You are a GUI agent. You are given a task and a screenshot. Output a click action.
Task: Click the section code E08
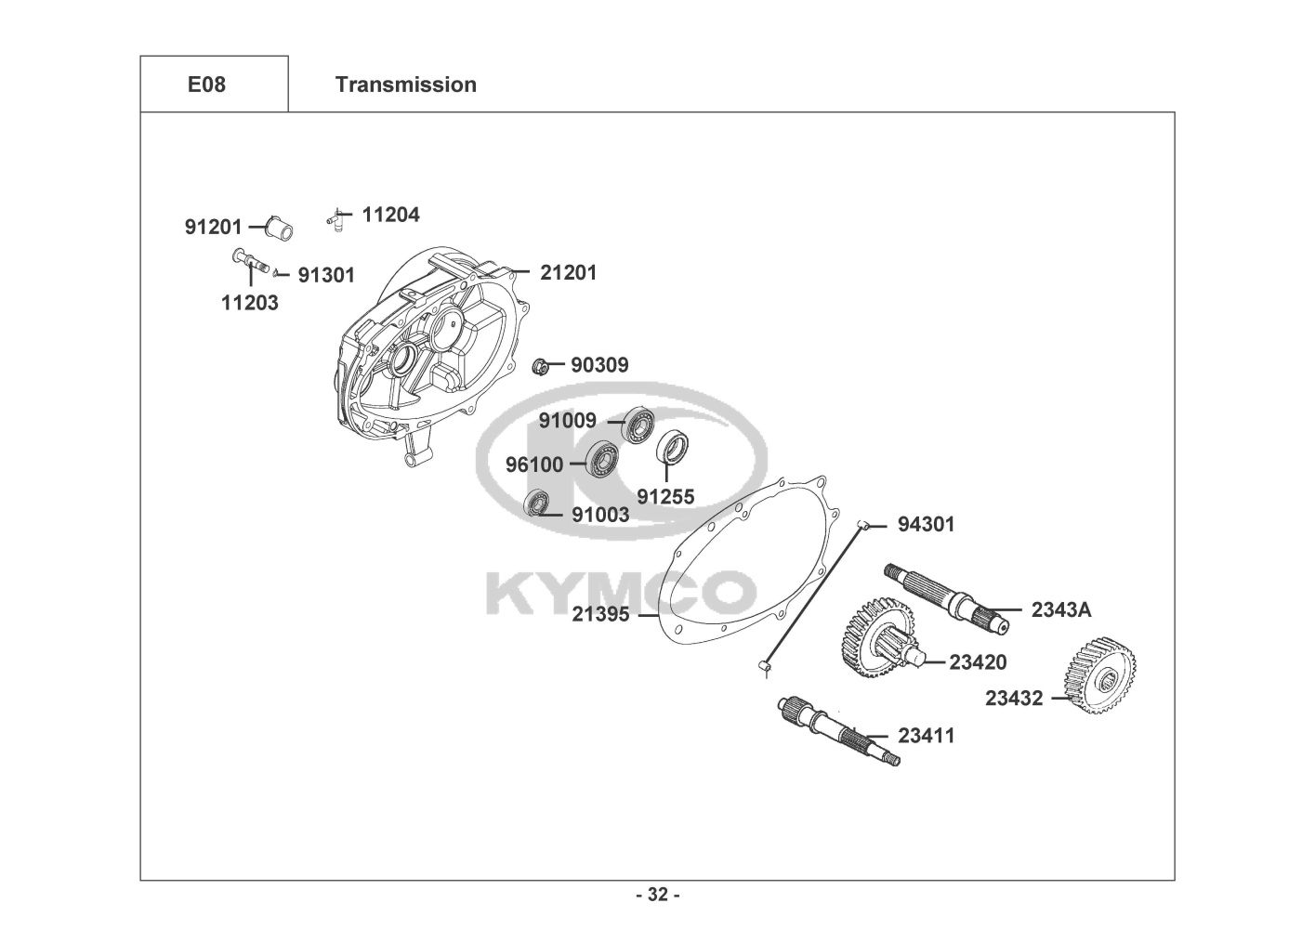click(206, 85)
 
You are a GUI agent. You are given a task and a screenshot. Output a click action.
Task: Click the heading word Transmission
click(405, 85)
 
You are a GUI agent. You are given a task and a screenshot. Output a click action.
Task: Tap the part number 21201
click(569, 272)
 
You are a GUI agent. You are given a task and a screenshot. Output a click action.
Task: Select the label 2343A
click(1061, 609)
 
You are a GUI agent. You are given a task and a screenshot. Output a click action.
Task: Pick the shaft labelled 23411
click(837, 732)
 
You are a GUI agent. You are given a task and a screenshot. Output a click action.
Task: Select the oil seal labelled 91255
click(673, 447)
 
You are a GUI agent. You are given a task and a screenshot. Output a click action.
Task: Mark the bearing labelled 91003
click(537, 504)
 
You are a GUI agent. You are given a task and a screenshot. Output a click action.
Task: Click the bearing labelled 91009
click(638, 424)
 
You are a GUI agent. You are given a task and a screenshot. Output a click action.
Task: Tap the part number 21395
click(600, 614)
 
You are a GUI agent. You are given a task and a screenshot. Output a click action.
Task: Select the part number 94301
click(926, 524)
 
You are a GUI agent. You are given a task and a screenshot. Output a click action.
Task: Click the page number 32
click(657, 895)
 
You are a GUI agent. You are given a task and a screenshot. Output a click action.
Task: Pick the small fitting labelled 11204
click(336, 217)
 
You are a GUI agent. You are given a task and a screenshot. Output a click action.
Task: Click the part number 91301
click(326, 275)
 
